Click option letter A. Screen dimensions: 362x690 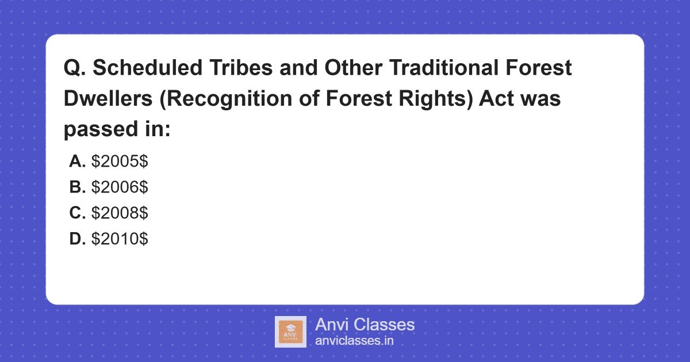[77, 161]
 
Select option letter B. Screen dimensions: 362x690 [77, 187]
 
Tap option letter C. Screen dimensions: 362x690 [77, 213]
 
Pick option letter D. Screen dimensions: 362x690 [77, 239]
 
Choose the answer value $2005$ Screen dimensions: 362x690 [120, 161]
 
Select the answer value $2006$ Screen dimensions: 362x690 [120, 187]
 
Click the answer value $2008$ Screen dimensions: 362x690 [120, 213]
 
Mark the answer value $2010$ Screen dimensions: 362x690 [120, 239]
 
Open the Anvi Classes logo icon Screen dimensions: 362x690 [290, 332]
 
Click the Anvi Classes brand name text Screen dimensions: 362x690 [365, 325]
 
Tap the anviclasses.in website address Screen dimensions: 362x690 [354, 341]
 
